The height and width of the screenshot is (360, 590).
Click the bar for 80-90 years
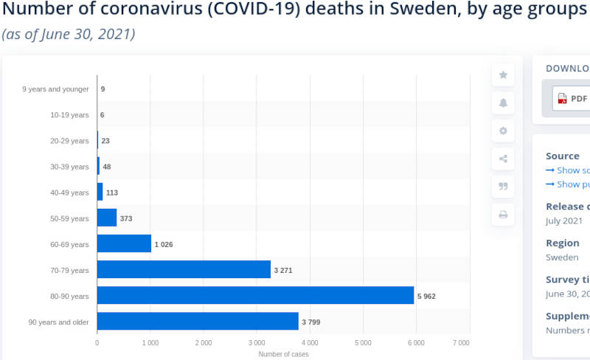(255, 295)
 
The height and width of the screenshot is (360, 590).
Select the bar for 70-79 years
(184, 269)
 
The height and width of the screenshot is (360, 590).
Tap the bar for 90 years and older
(198, 321)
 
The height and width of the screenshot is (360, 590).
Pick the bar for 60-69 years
(124, 243)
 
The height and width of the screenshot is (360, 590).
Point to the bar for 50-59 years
(107, 218)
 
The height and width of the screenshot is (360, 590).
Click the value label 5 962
(426, 297)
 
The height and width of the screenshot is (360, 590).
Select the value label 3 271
(283, 271)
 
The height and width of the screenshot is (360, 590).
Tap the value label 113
(112, 193)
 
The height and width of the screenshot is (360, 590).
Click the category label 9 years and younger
(55, 89)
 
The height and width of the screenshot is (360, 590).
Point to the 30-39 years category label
(69, 167)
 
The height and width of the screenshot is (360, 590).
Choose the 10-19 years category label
(69, 115)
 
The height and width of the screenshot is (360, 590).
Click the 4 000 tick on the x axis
(310, 343)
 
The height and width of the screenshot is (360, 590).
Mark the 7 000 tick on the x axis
(461, 343)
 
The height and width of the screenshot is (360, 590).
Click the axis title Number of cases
(283, 354)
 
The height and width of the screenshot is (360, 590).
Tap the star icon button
(503, 75)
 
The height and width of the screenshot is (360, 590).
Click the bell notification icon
(503, 103)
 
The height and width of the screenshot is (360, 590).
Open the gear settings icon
(503, 131)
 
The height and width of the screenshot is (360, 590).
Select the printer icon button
(503, 215)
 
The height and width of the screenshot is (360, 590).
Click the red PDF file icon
(562, 98)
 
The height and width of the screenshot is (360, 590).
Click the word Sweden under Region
(562, 257)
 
